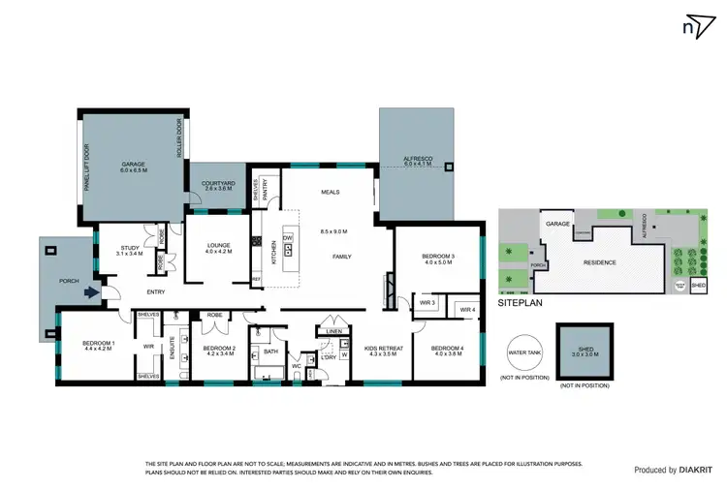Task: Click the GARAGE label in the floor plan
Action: [133, 166]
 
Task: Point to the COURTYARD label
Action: [217, 186]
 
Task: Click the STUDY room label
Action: [132, 249]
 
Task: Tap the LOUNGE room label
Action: [217, 247]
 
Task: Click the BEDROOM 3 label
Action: [437, 258]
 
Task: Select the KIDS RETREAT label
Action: [384, 350]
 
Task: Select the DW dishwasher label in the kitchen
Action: [288, 237]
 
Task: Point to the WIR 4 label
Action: [467, 310]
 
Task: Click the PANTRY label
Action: [264, 189]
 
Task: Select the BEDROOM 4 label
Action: [447, 350]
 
